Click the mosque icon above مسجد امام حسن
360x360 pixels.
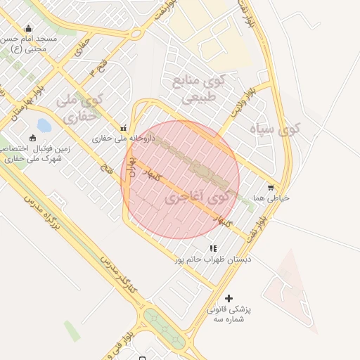[x=28, y=29]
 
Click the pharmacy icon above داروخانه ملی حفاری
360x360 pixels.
[x=124, y=128]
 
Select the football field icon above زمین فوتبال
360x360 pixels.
[x=32, y=137]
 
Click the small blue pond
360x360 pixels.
[x=44, y=126]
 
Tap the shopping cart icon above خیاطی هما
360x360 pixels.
[x=271, y=188]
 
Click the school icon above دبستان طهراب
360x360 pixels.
[x=213, y=248]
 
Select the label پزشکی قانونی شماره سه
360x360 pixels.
[x=230, y=314]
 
